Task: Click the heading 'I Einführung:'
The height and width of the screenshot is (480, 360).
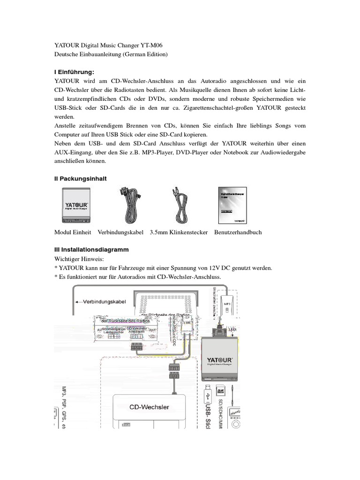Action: coord(74,72)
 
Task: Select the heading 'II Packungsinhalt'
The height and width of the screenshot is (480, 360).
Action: coord(80,179)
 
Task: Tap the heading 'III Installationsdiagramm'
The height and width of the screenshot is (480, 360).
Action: coord(91,250)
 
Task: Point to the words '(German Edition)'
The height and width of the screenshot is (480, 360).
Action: coord(145,54)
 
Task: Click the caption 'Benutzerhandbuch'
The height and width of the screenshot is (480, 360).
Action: coord(238,232)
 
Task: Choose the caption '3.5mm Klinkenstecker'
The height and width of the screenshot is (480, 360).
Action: coord(179,232)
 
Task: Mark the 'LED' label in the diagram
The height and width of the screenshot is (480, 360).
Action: coord(233,330)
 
